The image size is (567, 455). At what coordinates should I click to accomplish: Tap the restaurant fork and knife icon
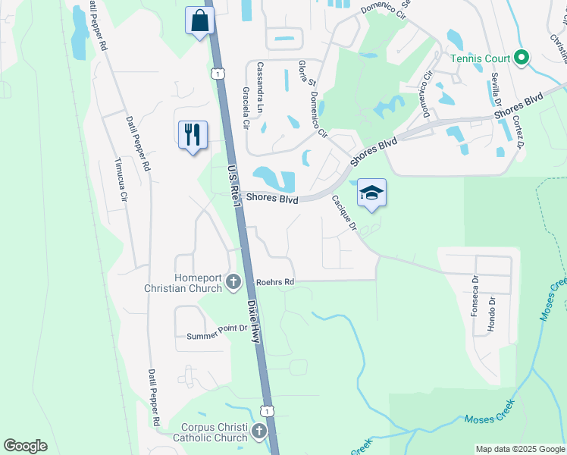tap(193, 134)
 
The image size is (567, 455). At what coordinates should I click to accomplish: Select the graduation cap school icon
tap(371, 193)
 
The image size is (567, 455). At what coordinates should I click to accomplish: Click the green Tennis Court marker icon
tap(521, 58)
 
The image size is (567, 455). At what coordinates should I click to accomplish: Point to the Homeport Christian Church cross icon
tap(233, 283)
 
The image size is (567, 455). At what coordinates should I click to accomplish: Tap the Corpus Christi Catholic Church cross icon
tap(259, 431)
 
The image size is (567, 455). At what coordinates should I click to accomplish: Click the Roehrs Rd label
tap(274, 282)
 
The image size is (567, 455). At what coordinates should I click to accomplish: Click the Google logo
tap(26, 446)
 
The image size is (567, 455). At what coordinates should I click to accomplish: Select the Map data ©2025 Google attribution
tap(519, 449)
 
